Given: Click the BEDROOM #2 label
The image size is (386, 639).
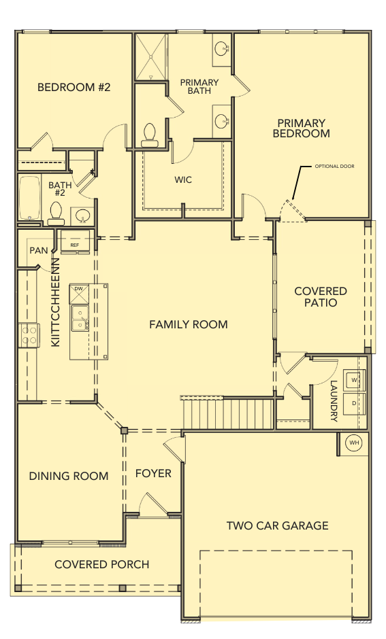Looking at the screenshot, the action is (x=74, y=87).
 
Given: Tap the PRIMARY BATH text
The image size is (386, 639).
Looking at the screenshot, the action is (x=199, y=86).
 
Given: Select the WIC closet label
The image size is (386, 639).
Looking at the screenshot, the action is (x=183, y=179).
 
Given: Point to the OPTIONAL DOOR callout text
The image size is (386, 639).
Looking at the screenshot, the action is (x=334, y=167).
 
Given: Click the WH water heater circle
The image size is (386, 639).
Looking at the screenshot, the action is (x=353, y=443).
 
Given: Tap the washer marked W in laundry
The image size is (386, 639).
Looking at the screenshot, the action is (x=354, y=380).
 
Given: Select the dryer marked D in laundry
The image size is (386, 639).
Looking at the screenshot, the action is (x=354, y=403).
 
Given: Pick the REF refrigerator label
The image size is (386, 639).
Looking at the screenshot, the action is (x=75, y=245).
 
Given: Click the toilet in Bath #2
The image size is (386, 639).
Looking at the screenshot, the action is (x=56, y=213).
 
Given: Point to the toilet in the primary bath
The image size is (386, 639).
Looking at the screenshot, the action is (x=149, y=135).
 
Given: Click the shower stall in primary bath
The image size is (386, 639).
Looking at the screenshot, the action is (x=151, y=57).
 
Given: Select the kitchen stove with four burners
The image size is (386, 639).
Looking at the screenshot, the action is (x=29, y=335).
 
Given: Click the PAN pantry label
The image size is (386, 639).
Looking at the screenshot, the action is (x=39, y=250).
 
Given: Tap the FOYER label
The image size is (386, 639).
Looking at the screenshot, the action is (x=153, y=474).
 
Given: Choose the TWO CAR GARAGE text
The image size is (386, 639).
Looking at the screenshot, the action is (x=278, y=525).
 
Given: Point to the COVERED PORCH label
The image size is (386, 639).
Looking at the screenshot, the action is (x=101, y=564).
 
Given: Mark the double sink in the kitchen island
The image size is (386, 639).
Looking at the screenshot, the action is (x=80, y=318).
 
